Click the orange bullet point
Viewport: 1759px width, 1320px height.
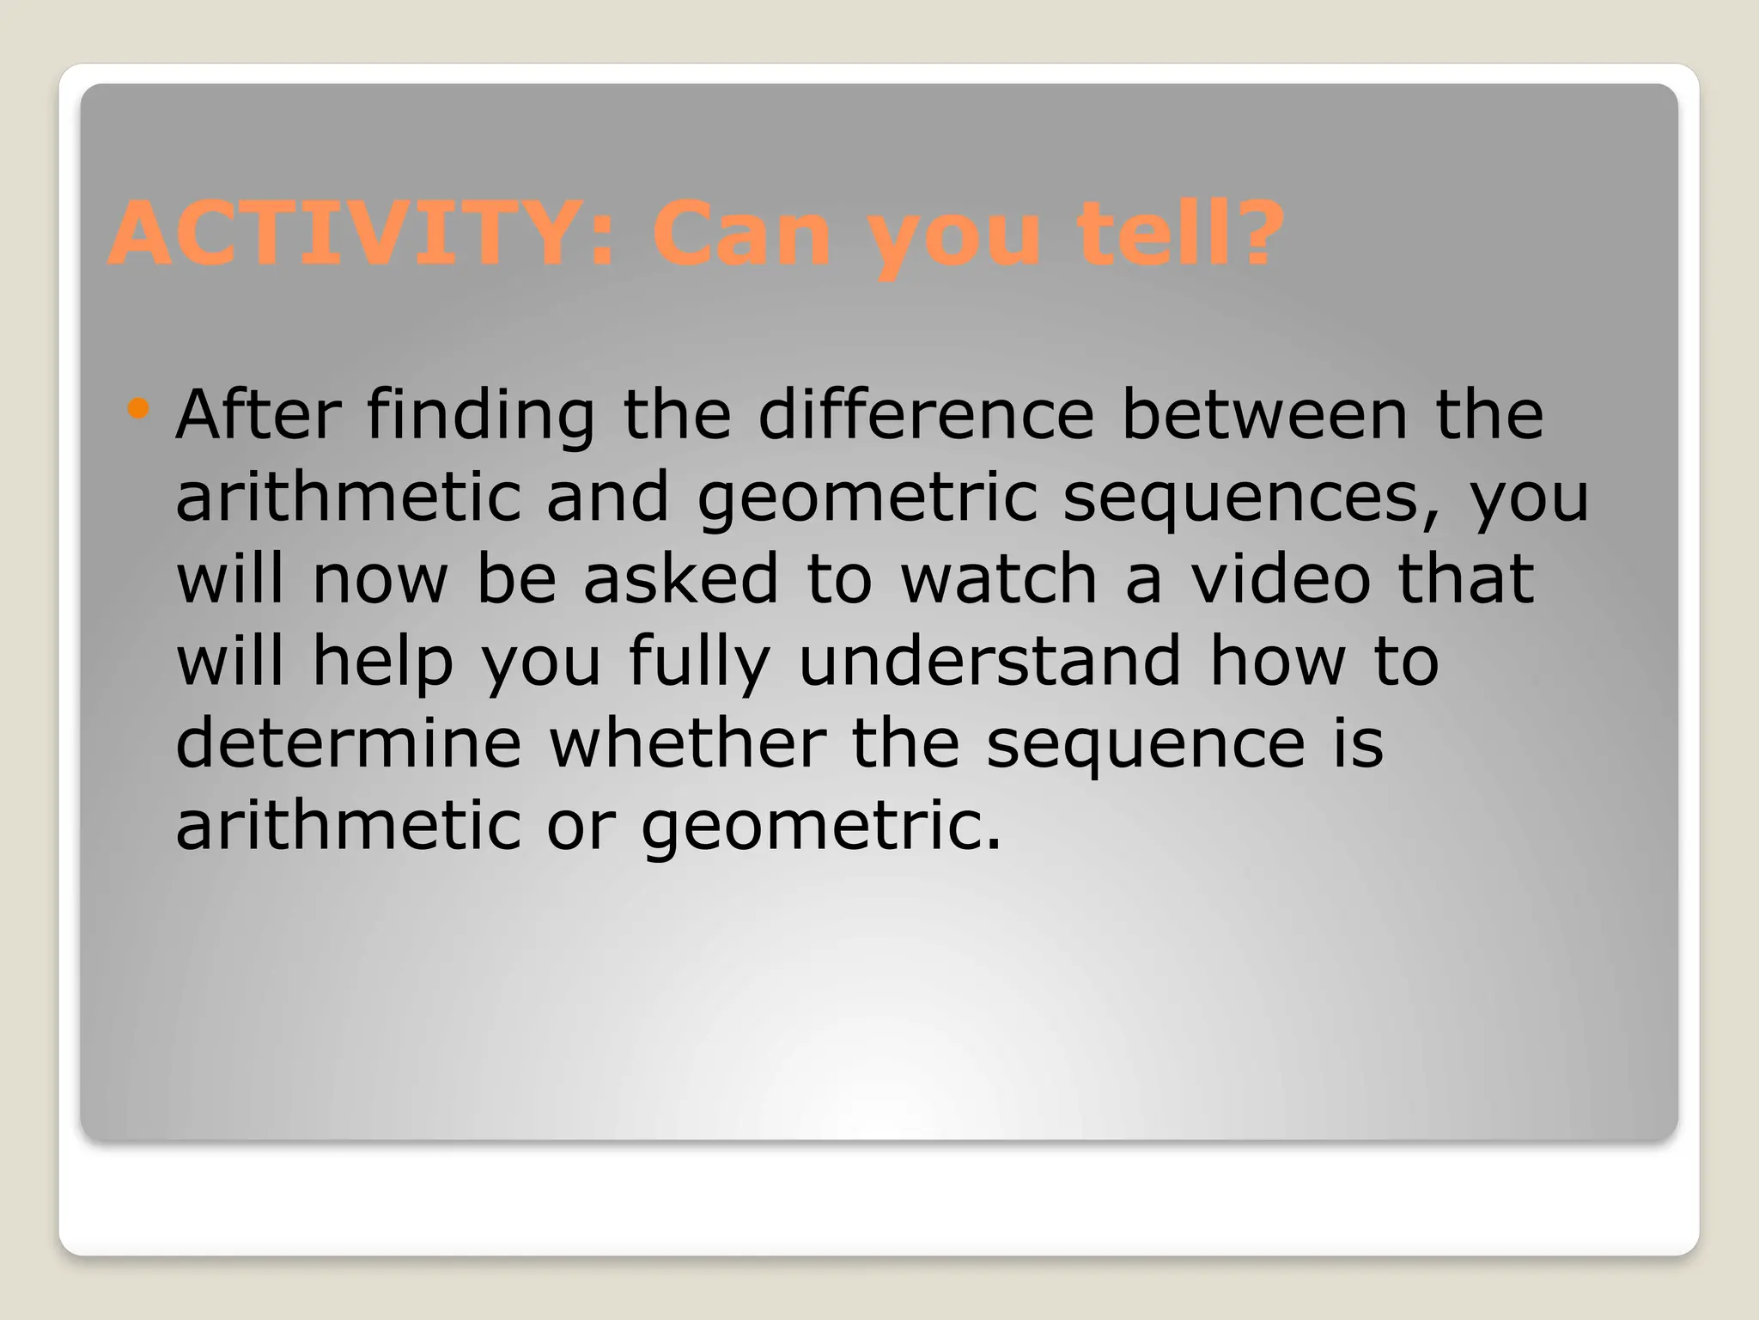coord(137,407)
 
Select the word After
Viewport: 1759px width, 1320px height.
coord(258,414)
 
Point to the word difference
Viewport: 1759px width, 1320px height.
coord(926,414)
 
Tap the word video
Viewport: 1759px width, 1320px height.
coord(1281,578)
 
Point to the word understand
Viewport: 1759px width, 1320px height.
coord(990,661)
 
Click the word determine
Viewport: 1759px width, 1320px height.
coord(349,742)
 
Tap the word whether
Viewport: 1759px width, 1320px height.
coord(687,742)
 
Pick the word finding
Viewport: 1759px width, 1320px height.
coord(480,416)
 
